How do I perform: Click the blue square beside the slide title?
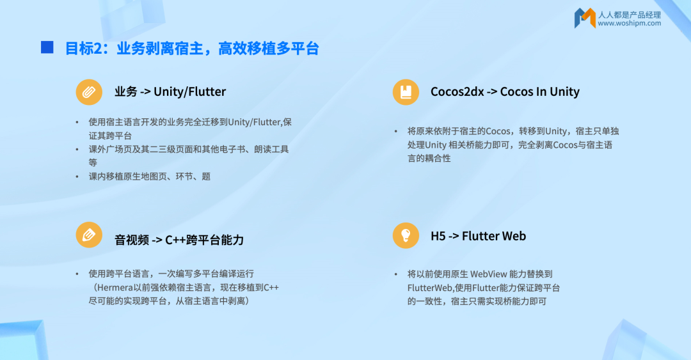(x=47, y=47)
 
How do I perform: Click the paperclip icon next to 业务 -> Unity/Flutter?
(x=89, y=92)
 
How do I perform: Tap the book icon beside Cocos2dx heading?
(x=406, y=92)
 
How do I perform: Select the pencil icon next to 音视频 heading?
(x=89, y=235)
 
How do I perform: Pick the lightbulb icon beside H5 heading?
(x=406, y=235)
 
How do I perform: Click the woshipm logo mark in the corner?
(x=585, y=18)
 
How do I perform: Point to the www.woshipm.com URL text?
(x=630, y=24)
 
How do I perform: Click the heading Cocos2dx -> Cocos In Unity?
(x=505, y=91)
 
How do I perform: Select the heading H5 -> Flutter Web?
(x=478, y=236)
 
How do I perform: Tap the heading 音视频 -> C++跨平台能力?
(x=179, y=240)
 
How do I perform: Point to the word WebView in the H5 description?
(x=489, y=274)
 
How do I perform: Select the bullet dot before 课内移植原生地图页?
(x=77, y=176)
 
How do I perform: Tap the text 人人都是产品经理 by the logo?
(x=630, y=15)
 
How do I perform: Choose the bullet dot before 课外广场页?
(x=77, y=150)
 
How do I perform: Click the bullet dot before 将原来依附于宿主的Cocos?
(x=396, y=131)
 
